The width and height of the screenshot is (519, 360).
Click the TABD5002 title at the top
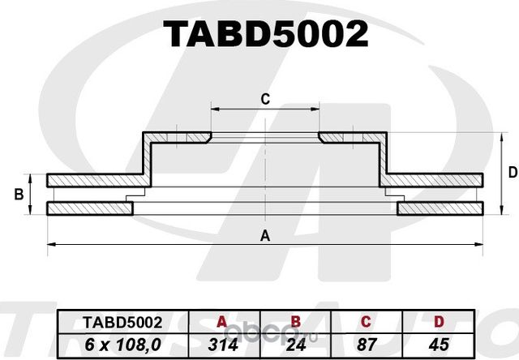tap(266, 35)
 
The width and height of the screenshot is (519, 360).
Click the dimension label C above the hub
tap(264, 99)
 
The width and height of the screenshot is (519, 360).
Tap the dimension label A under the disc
tap(264, 236)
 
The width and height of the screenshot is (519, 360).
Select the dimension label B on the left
tap(17, 195)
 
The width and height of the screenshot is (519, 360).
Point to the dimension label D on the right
tap(512, 172)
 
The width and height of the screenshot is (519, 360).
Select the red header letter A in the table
tap(222, 321)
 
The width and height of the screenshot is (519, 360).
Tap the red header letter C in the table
tap(370, 321)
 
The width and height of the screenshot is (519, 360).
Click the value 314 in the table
tap(222, 344)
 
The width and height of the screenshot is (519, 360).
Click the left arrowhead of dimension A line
tap(50, 243)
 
